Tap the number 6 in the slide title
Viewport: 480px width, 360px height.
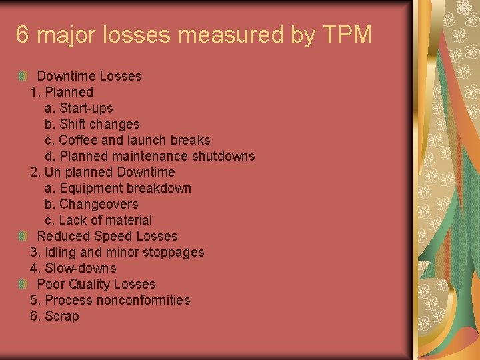(x=23, y=35)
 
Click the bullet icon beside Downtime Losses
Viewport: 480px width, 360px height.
(x=23, y=76)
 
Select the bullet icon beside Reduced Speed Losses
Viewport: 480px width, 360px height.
(x=23, y=236)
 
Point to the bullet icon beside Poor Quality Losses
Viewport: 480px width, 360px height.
(x=23, y=284)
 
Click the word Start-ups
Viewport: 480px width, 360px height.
(x=86, y=108)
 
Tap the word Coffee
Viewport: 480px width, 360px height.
(x=78, y=140)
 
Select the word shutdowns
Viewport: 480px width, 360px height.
(x=223, y=156)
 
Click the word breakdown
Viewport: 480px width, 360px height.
(x=159, y=188)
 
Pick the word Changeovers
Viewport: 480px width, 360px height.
(x=99, y=204)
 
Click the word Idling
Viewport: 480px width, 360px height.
(x=60, y=252)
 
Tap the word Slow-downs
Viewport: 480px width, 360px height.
(x=80, y=268)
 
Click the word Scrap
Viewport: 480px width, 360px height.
(x=61, y=316)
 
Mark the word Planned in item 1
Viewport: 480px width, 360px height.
(x=69, y=92)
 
